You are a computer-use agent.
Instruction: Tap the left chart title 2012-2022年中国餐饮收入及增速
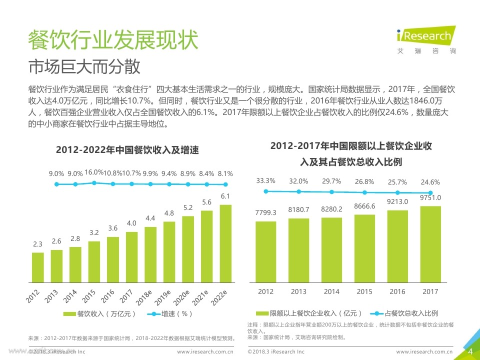pyautogui.click(x=130, y=149)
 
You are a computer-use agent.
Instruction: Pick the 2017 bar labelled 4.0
pyautogui.click(x=131, y=256)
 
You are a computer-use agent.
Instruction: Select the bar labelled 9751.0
pyautogui.click(x=430, y=243)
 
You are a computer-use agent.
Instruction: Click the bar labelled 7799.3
pyautogui.click(x=265, y=251)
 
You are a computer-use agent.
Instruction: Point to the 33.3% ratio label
pyautogui.click(x=265, y=180)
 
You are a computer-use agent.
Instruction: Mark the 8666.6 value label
pyautogui.click(x=364, y=205)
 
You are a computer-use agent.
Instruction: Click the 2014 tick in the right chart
pyautogui.click(x=331, y=291)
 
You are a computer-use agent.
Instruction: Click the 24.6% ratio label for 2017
pyautogui.click(x=430, y=182)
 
